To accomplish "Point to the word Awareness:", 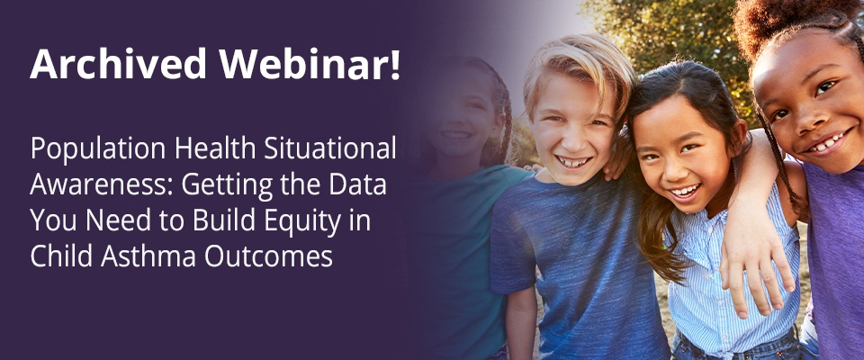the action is coord(102,185).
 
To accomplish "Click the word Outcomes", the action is coord(268,256).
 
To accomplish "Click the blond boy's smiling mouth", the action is coord(573,161).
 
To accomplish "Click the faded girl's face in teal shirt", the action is coord(461,117).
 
